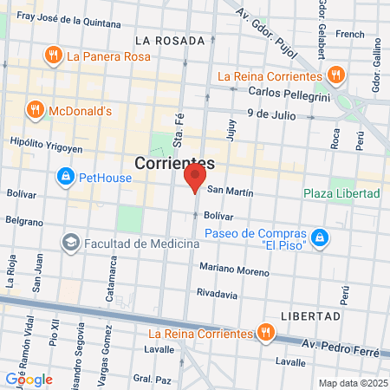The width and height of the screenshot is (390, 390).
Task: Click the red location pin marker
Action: (195, 179)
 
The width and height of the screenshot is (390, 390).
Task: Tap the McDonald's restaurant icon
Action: (36, 110)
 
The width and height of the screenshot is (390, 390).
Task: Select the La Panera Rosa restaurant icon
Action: (53, 57)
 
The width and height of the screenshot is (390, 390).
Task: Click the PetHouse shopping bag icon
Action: (64, 179)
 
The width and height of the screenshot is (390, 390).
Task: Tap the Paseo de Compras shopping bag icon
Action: (319, 237)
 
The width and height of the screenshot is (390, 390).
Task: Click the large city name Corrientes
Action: (174, 162)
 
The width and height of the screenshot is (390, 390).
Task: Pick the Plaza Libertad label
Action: (341, 192)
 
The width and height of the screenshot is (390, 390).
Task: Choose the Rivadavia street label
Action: (217, 294)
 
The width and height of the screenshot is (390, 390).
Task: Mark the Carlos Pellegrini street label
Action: (283, 92)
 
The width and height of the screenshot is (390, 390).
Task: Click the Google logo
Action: (29, 379)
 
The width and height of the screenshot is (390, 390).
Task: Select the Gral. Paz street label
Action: (149, 379)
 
